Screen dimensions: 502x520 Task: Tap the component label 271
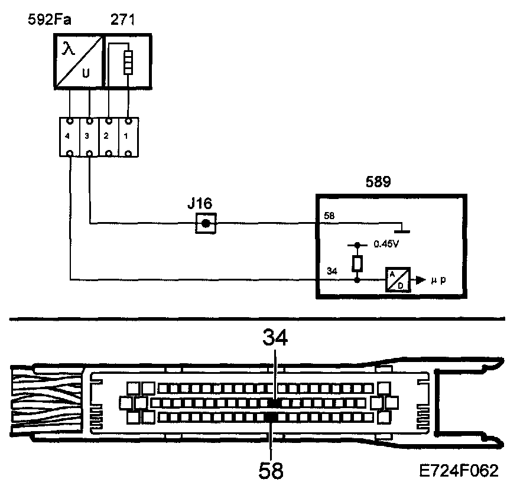[x=122, y=19]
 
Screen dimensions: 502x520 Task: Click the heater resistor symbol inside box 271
[x=127, y=62]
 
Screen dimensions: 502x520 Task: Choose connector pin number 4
[x=70, y=136]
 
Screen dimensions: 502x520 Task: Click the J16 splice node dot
[x=205, y=223]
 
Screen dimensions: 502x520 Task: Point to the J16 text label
[x=200, y=204]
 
